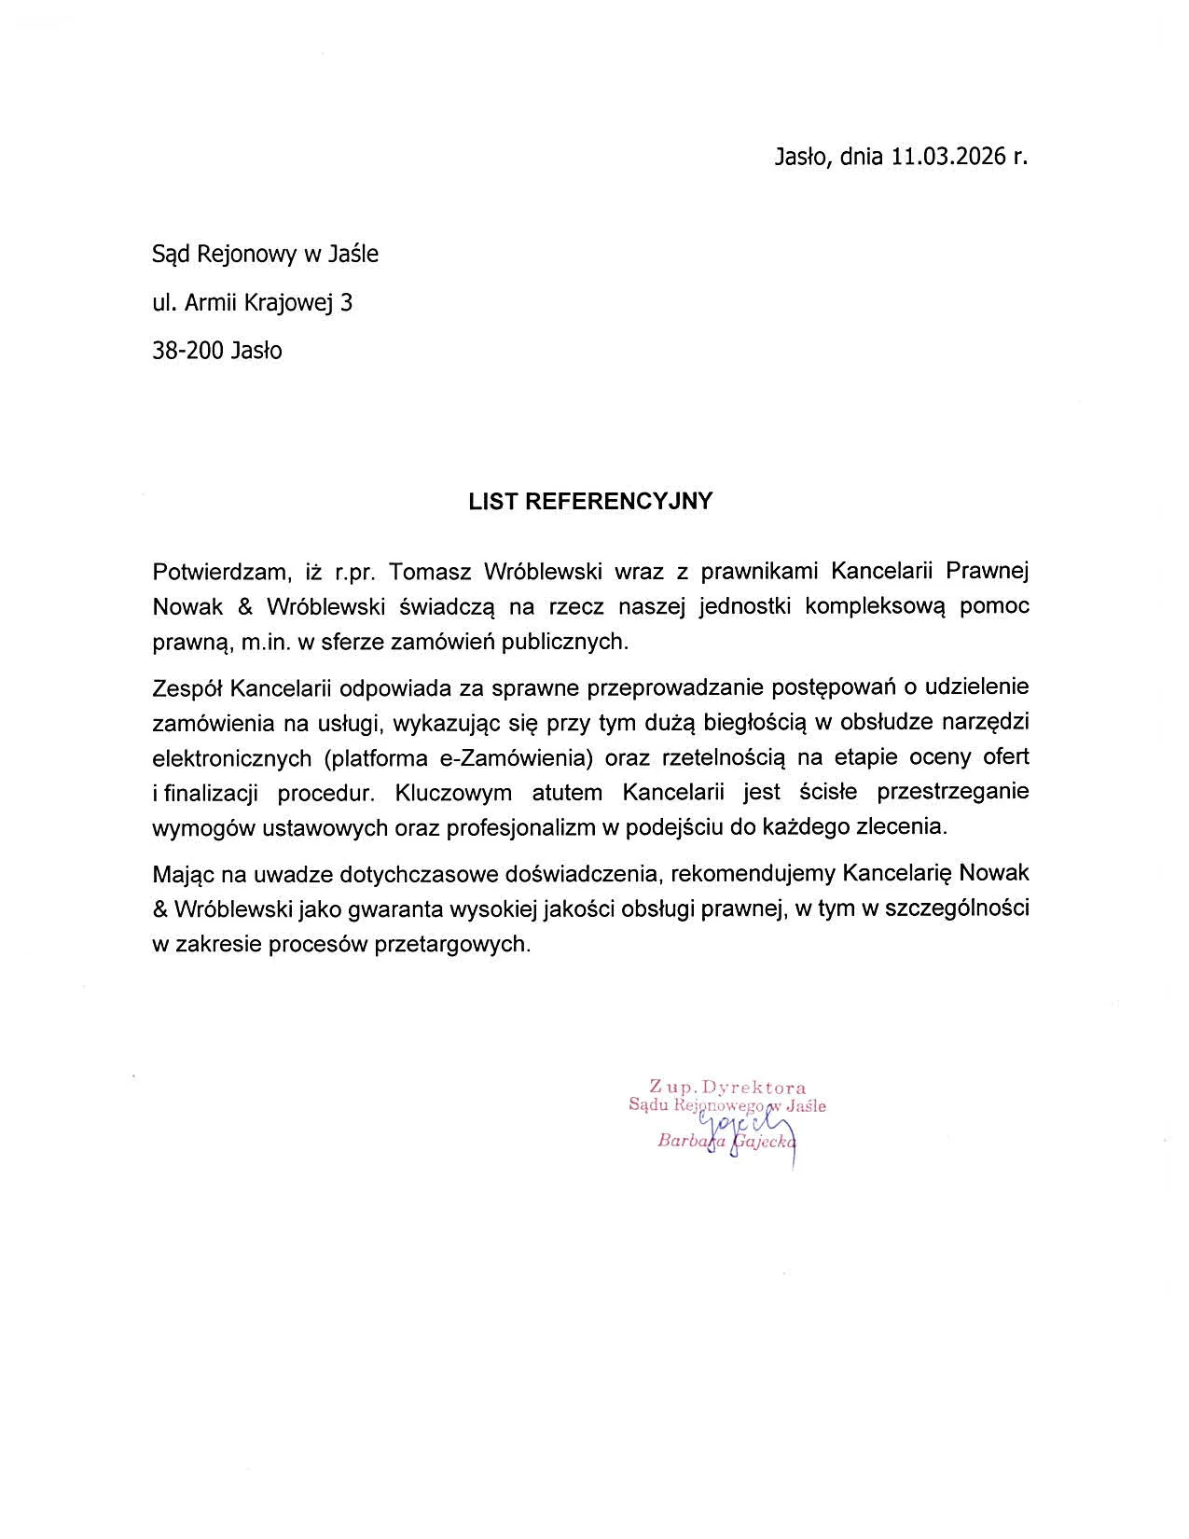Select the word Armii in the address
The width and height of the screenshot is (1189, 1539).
click(x=213, y=302)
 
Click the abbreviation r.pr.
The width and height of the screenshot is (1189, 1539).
click(x=353, y=571)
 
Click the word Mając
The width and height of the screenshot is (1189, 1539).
click(x=184, y=874)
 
